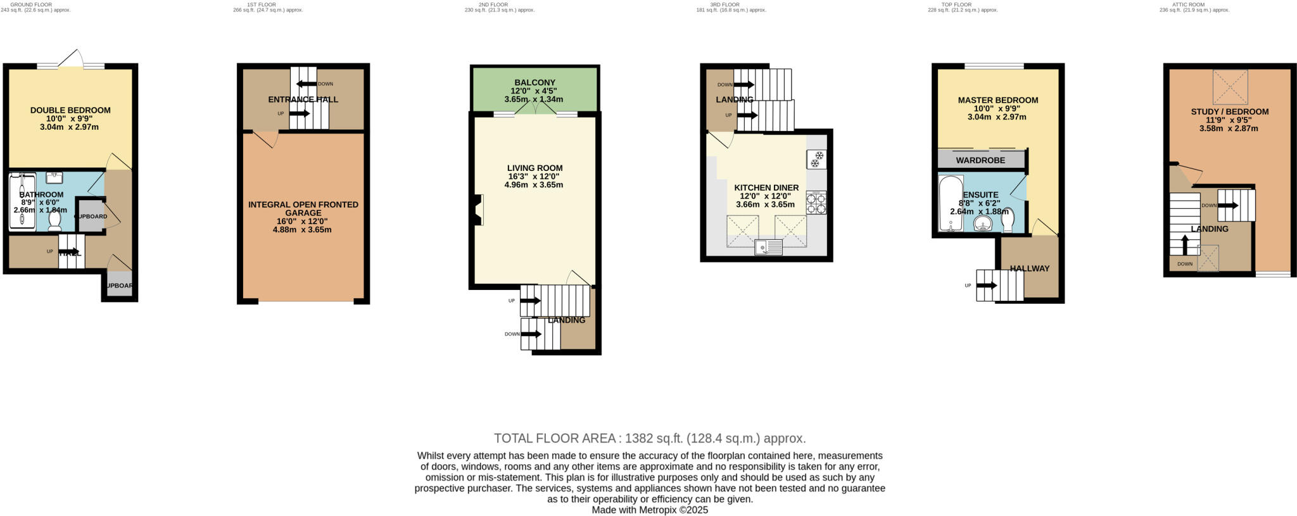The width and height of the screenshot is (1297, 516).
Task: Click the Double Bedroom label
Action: tap(70, 110)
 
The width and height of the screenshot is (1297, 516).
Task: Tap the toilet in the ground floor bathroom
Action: tap(55, 220)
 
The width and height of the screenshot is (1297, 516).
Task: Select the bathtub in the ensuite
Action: tap(948, 204)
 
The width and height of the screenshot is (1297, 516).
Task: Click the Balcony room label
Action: tap(535, 82)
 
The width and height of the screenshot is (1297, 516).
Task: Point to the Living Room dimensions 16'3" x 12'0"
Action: tap(535, 177)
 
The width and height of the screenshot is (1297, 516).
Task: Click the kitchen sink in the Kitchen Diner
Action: tap(768, 247)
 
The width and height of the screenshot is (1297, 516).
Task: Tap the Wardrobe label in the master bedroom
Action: tap(980, 160)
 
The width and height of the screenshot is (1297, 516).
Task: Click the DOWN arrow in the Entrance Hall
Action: tap(307, 84)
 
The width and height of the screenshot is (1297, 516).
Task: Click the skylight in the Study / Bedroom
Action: tap(1230, 87)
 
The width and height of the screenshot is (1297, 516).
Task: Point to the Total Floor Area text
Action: tap(649, 438)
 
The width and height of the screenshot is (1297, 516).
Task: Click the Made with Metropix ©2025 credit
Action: tap(649, 510)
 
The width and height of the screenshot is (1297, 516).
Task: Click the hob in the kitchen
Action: tap(816, 203)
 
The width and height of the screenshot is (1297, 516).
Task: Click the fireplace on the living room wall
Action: tap(478, 210)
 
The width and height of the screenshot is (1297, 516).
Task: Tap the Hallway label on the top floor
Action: tap(1029, 268)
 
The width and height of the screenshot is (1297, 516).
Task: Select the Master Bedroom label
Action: tap(997, 100)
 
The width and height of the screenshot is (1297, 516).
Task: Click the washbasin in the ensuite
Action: tap(982, 224)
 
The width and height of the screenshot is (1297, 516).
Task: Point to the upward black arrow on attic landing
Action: tap(1185, 244)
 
